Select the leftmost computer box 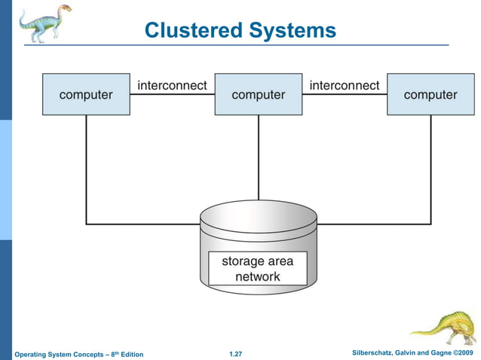click(x=86, y=95)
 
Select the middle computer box click(x=258, y=95)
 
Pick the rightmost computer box click(x=430, y=95)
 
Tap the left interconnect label click(x=172, y=85)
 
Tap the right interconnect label click(x=345, y=85)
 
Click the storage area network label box click(x=258, y=269)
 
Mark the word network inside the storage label click(x=258, y=276)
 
